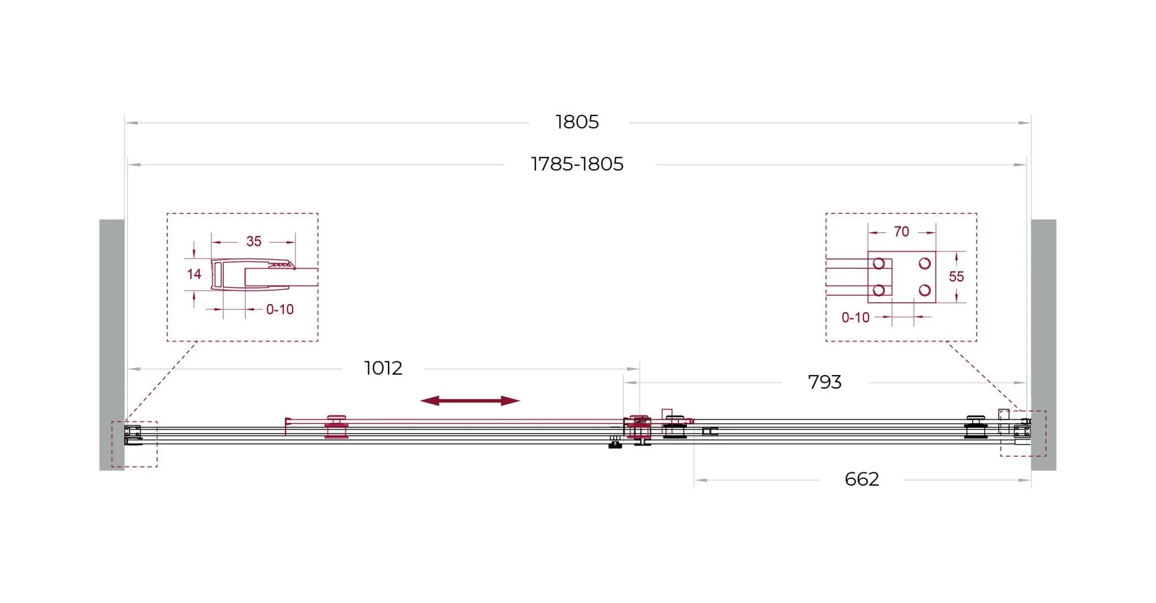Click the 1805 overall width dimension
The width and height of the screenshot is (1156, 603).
point(577,122)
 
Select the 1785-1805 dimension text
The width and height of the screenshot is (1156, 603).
point(577,164)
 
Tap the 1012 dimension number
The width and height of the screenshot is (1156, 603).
point(383,368)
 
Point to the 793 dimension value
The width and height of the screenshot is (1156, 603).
point(824,382)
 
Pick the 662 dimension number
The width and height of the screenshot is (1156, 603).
point(862,479)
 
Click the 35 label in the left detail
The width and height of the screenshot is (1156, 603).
point(254,242)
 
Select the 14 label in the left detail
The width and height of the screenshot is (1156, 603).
point(194,274)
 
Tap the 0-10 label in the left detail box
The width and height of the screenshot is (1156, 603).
point(280,310)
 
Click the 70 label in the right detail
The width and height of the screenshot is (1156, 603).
point(901,232)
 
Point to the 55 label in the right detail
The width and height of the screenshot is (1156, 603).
point(956,277)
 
